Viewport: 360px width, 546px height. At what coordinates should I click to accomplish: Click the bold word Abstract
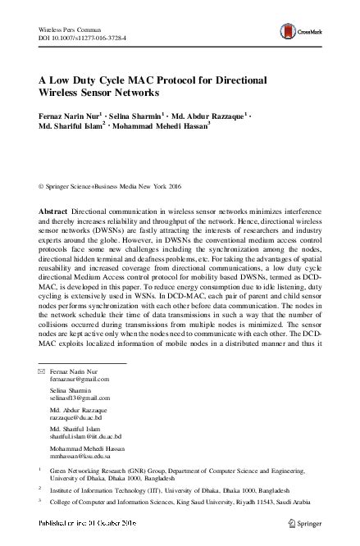[54, 211]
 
